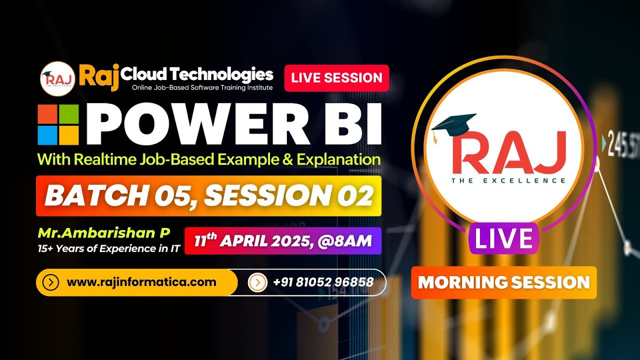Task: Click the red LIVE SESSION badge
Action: pos(336,78)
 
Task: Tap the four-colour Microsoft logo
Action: pos(58,124)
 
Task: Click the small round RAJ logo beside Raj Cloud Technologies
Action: pos(57,78)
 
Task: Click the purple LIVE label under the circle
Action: pos(503,238)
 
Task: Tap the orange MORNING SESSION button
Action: pos(503,282)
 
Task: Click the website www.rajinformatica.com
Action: pos(141,282)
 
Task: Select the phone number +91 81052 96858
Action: pos(323,282)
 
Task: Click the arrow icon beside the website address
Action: pos(51,282)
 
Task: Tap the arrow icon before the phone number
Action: pos(257,282)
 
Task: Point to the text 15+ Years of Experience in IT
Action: pos(108,247)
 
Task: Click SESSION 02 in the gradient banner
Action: pos(288,196)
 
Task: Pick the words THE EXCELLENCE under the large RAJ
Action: pos(508,180)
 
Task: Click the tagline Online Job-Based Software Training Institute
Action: pos(202,88)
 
